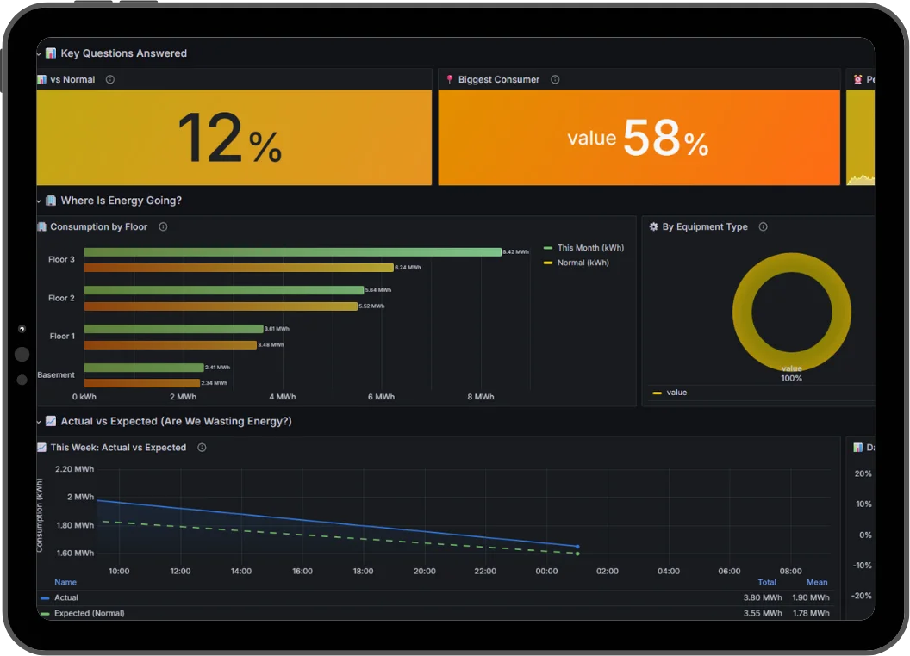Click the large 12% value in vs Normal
229,139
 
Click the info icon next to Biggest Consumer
555,80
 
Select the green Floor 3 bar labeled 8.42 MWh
292,252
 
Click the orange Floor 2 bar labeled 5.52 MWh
221,306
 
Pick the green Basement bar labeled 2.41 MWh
144,368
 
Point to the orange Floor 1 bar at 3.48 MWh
171,345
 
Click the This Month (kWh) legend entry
589,248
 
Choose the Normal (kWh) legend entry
583,263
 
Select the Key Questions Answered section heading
123,53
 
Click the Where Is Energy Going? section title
121,201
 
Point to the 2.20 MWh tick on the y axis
74,469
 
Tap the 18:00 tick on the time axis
363,571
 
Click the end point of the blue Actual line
577,546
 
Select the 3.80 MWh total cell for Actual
763,597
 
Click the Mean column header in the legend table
817,583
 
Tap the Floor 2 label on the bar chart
61,298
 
